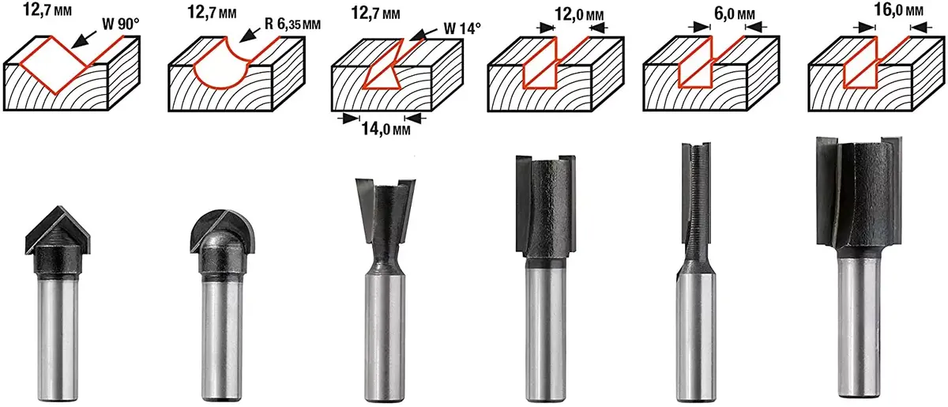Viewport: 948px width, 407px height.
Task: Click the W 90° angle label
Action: pos(121,24)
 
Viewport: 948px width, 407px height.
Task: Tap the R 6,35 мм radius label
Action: pos(292,24)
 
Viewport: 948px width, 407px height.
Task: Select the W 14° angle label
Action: pos(462,28)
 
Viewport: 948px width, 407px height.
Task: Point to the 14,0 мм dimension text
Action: pos(386,129)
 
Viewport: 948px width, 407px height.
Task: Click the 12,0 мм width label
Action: pos(579,15)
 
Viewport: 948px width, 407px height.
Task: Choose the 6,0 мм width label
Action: pos(734,14)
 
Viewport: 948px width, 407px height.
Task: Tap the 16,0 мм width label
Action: pos(899,9)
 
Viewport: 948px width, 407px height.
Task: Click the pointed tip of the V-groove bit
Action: pos(58,207)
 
